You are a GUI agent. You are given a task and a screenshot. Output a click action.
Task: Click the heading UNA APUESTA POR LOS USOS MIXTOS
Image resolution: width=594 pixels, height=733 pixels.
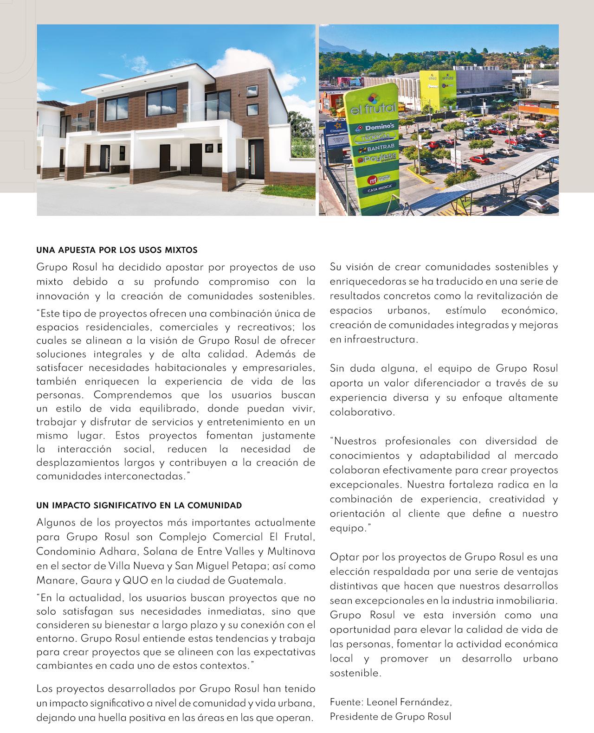pyautogui.click(x=116, y=250)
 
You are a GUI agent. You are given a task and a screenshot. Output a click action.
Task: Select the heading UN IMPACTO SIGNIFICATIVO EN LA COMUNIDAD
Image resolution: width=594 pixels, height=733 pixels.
pyautogui.click(x=139, y=505)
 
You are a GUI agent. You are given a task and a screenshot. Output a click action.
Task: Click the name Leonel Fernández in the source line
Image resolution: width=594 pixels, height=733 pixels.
pyautogui.click(x=409, y=702)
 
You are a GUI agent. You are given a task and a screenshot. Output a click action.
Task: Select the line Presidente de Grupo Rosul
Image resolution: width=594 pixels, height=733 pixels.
pyautogui.click(x=390, y=716)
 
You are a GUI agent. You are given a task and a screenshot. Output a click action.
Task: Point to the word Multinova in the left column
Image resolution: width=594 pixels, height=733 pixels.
pyautogui.click(x=291, y=552)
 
